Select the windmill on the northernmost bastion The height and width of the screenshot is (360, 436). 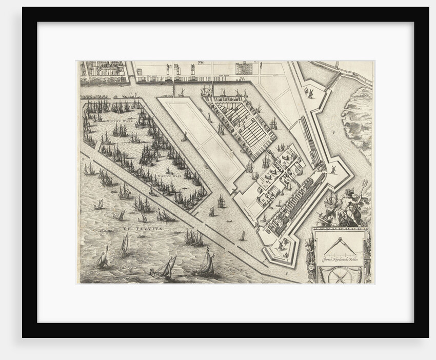[309, 92]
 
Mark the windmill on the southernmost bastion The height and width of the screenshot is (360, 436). [281, 245]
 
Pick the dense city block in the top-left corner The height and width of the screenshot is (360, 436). [105, 71]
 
